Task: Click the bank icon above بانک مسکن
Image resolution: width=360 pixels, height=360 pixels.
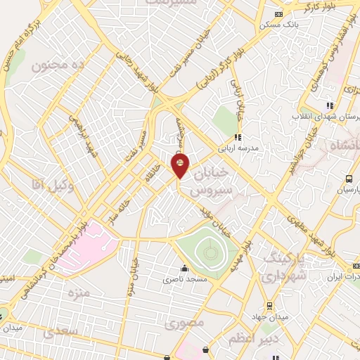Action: click(278, 14)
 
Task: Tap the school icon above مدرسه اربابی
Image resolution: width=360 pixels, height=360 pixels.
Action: click(238, 137)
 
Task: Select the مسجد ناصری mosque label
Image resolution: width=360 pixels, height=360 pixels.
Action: click(185, 279)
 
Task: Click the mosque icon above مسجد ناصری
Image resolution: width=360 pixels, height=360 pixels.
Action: click(185, 268)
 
